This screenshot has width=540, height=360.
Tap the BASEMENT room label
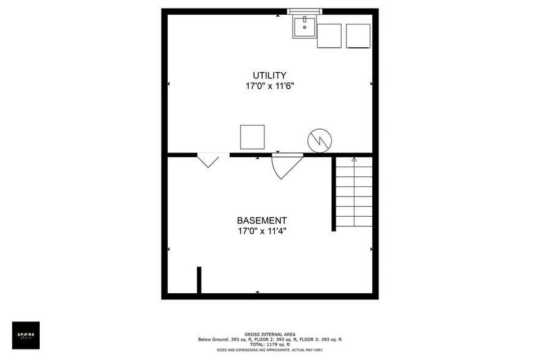point(262,220)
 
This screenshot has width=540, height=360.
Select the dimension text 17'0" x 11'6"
point(270,86)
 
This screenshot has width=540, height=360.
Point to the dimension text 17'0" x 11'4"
point(262,231)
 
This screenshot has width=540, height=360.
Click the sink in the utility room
point(304,27)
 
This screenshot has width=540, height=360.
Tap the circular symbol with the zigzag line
point(319,141)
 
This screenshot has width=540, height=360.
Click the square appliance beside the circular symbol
point(252,137)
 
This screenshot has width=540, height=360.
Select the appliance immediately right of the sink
point(329,36)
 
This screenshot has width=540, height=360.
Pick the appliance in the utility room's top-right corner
point(358,36)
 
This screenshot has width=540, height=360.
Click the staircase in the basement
point(354,193)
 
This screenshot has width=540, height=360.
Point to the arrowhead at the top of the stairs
point(354,160)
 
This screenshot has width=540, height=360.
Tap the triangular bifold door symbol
point(209,160)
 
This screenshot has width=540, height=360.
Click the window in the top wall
point(305,11)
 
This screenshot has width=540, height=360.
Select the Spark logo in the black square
point(26,335)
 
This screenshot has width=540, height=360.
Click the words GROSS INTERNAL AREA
point(270,334)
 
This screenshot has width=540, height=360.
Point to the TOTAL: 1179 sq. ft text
point(270,345)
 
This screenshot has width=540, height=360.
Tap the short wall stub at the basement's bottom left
point(199,280)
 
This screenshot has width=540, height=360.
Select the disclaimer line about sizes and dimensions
point(270,350)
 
